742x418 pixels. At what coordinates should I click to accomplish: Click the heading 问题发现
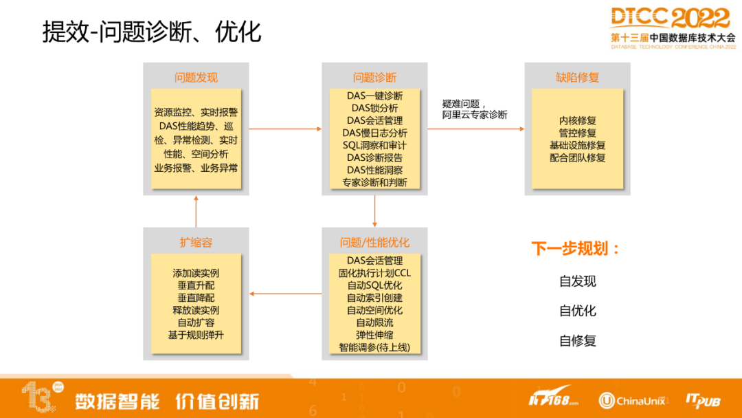coord(196,78)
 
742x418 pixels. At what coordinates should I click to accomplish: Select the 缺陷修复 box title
coord(577,78)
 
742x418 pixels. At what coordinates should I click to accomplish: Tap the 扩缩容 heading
coord(196,243)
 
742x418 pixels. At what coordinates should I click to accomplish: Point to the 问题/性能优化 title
coord(374,243)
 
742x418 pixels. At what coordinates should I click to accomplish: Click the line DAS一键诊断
coord(375,96)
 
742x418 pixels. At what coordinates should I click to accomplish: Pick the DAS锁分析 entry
coord(375,108)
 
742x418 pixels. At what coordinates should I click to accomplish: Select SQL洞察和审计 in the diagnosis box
coord(375,145)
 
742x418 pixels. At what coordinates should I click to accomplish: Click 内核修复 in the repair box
coord(577,121)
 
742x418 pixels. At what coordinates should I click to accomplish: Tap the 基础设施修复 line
coord(577,145)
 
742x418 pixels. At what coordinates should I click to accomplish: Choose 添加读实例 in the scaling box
coord(196,273)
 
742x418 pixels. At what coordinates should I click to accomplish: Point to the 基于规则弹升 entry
coord(196,335)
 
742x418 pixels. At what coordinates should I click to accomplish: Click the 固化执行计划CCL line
coord(375,273)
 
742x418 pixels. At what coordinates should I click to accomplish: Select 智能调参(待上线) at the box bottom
coord(375,347)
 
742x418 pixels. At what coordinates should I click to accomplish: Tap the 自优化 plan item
coord(577,311)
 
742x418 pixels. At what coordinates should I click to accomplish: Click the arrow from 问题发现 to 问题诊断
coord(285,129)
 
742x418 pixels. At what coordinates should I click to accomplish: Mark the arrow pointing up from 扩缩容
coord(196,211)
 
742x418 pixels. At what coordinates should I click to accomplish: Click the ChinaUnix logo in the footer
coord(632,401)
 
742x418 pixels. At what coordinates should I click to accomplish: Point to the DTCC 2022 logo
coord(673,28)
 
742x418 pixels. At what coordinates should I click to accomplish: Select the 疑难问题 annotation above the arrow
coord(462,104)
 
